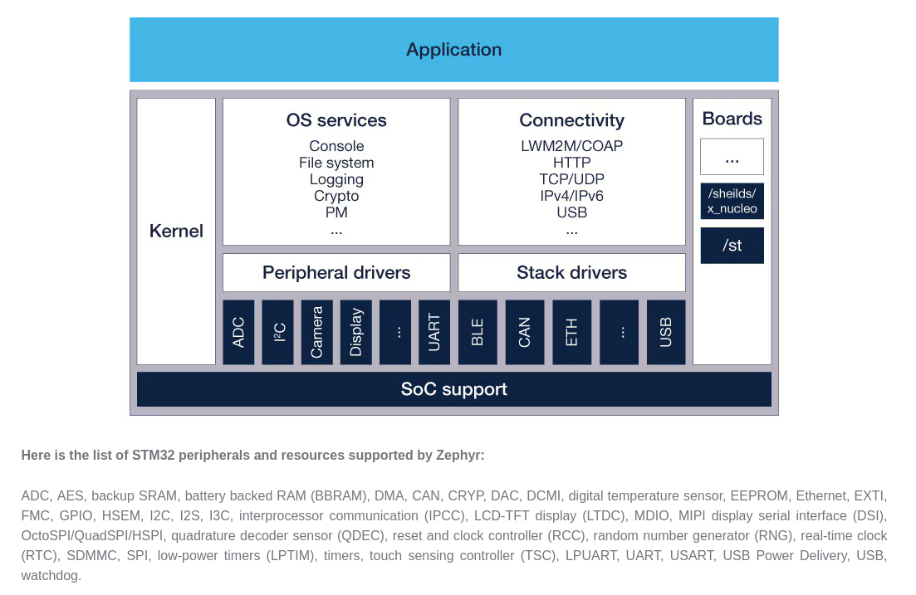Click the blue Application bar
(x=454, y=50)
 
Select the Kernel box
(x=176, y=232)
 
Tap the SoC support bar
(x=454, y=389)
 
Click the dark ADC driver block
(x=238, y=332)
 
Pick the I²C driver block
(x=278, y=332)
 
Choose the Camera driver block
(x=317, y=332)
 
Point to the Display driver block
(x=356, y=332)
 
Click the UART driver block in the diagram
(x=434, y=332)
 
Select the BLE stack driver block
(x=478, y=332)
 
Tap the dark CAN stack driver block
(x=525, y=332)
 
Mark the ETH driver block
(x=572, y=332)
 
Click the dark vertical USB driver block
(x=666, y=332)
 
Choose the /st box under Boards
(x=732, y=246)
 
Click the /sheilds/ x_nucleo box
(x=732, y=201)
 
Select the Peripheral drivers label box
(x=336, y=273)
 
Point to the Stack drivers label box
(x=572, y=273)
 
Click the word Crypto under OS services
(x=336, y=196)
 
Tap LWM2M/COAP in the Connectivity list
(x=572, y=146)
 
